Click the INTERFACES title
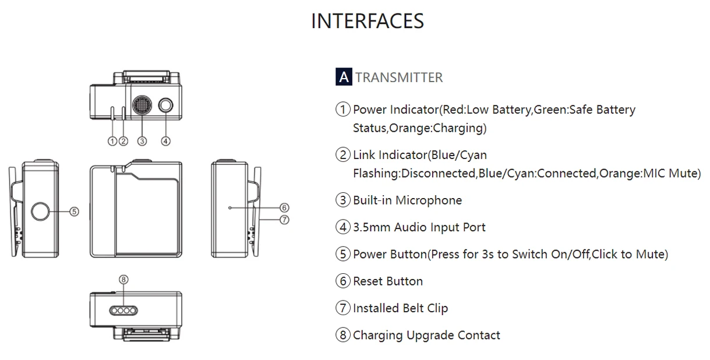367,22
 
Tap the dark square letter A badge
344,77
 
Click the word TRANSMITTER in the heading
399,77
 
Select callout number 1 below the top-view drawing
112,140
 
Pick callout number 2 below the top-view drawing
123,140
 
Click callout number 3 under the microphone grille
142,140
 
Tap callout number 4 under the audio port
166,140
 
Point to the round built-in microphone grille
142,105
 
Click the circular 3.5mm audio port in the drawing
166,105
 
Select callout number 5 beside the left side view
75,211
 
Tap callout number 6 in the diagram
284,207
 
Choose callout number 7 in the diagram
284,220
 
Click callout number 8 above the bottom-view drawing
123,280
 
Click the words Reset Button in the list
388,281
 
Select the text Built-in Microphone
407,200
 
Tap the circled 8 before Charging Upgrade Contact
344,335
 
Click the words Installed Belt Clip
400,308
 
